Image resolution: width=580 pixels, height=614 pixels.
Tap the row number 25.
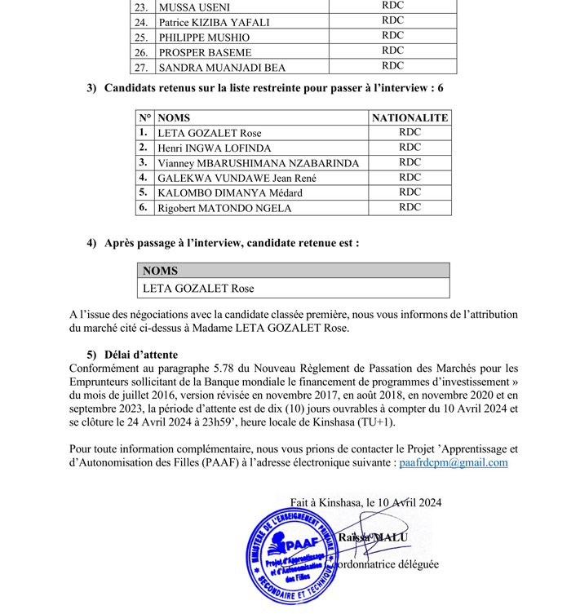tap(141, 38)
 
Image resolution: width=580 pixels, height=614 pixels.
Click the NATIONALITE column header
tap(410, 118)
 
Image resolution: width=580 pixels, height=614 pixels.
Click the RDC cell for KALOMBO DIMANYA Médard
tap(410, 192)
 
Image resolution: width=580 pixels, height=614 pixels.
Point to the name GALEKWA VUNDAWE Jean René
tap(237, 178)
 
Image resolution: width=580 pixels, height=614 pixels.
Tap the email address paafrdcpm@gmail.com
tap(454, 462)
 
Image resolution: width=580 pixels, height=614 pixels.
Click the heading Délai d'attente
tap(140, 355)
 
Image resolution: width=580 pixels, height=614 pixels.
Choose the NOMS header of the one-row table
tap(160, 271)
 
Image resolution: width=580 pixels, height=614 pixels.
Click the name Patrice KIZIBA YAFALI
tap(214, 23)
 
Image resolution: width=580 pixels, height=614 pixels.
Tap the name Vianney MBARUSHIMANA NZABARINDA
tap(258, 163)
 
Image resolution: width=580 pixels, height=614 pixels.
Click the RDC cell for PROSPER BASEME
tap(392, 52)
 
